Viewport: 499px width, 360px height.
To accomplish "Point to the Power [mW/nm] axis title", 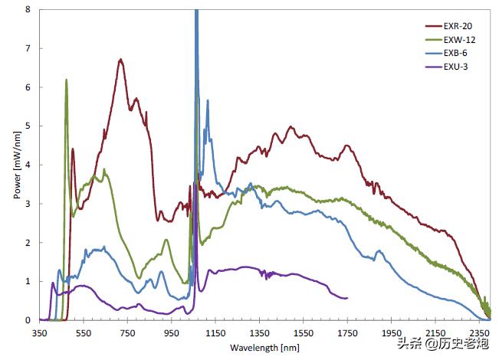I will pyautogui.click(x=17, y=165).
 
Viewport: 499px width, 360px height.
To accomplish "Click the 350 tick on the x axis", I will pyautogui.click(x=41, y=334).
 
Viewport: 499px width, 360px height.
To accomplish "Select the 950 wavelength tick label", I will pyautogui.click(x=172, y=334).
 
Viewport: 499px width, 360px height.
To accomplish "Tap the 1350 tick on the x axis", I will pyautogui.click(x=261, y=334).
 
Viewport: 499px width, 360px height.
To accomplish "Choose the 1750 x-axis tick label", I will pyautogui.click(x=348, y=334).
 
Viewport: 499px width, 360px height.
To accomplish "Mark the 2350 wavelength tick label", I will pyautogui.click(x=480, y=334).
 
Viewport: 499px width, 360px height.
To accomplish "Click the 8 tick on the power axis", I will pyautogui.click(x=28, y=9).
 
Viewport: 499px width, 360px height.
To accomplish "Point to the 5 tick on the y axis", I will pyautogui.click(x=28, y=126).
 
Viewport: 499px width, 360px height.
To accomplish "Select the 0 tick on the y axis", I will pyautogui.click(x=28, y=320).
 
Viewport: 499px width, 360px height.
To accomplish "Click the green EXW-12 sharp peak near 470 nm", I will pyautogui.click(x=67, y=80).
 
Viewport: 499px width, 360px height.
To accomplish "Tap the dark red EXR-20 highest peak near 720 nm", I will pyautogui.click(x=120, y=60).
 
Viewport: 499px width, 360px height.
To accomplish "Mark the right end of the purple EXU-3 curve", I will pyautogui.click(x=347, y=298).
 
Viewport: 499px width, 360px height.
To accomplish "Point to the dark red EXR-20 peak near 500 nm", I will pyautogui.click(x=73, y=149).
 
